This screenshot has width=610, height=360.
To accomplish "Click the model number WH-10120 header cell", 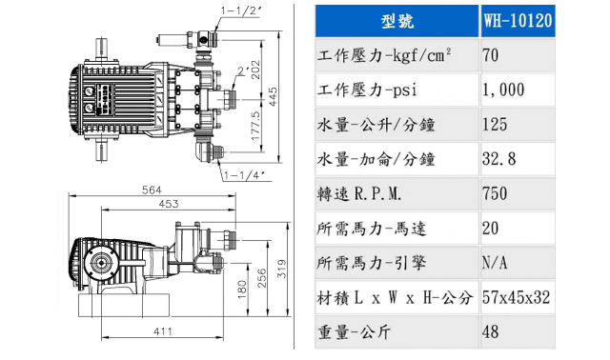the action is point(518,21).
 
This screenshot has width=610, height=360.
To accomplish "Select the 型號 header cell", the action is point(396,21).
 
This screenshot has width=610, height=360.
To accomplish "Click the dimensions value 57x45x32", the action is point(517,297).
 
